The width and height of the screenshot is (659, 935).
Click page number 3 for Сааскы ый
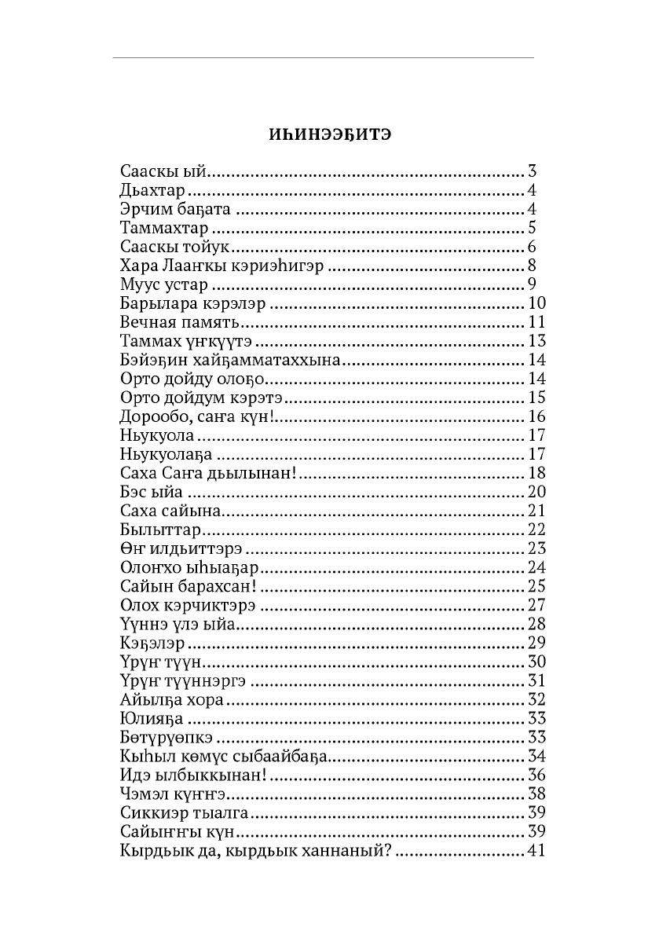(x=532, y=172)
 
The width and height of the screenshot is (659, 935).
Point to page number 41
(x=536, y=851)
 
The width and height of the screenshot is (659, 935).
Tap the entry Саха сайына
(x=172, y=511)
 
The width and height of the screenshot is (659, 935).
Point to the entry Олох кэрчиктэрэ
(x=189, y=606)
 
